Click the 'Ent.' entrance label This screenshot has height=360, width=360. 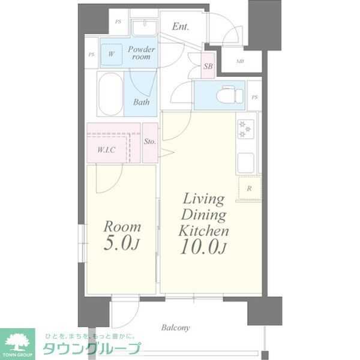[x=181, y=26]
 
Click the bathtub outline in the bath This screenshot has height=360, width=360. [x=110, y=94]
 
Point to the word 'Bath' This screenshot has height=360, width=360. [x=141, y=102]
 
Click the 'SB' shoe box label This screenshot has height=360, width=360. [x=208, y=67]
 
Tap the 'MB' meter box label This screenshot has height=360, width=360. [x=240, y=61]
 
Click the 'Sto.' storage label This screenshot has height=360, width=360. [x=149, y=142]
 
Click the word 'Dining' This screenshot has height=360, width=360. [x=203, y=215]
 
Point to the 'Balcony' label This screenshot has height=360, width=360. [x=175, y=328]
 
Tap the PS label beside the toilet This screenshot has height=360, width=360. [x=255, y=97]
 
